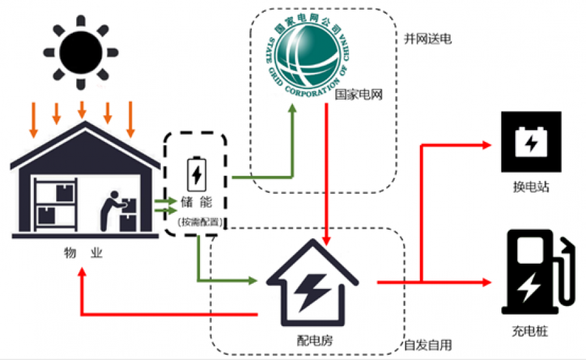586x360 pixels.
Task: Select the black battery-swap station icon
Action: pyautogui.click(x=530, y=142)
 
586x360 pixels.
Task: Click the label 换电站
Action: pyautogui.click(x=531, y=187)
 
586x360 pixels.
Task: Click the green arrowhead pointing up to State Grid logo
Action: pyautogui.click(x=292, y=107)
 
